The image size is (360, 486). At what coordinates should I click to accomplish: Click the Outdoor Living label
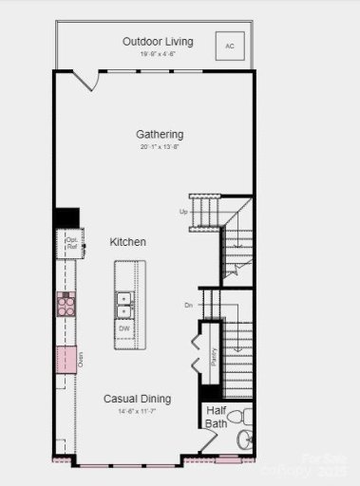pos(158,42)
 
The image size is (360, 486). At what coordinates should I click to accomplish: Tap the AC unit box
pos(229,45)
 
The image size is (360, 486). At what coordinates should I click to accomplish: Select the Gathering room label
pos(159,135)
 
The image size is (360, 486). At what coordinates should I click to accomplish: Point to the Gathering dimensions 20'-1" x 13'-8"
pos(159,148)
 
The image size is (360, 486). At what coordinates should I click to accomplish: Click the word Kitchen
pos(127,242)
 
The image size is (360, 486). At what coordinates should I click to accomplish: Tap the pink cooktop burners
pos(66,304)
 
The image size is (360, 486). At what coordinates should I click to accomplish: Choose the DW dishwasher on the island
pos(124,328)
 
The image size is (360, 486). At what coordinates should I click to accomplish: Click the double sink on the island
pos(124,303)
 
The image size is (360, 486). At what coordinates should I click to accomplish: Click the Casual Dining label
pos(138,400)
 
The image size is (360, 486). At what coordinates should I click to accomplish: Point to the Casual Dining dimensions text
pos(138,412)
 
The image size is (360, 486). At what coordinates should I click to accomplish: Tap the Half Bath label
pos(217,417)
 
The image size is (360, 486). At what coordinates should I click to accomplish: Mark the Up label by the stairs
pos(183,212)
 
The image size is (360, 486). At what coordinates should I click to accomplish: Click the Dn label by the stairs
pos(188,305)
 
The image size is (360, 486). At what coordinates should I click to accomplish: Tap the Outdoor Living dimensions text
pos(158,54)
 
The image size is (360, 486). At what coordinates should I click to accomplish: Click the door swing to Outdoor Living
pos(85,82)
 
